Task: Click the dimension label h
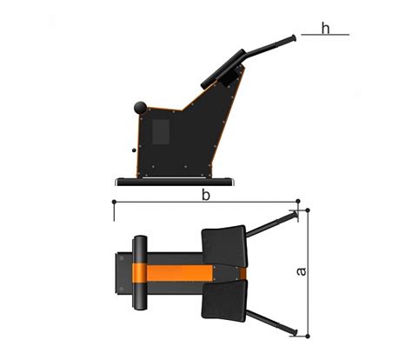point(326,29)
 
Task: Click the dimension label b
point(206,195)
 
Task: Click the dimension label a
point(302,271)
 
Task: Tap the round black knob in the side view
point(141,108)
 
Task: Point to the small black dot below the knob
point(134,150)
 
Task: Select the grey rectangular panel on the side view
point(161,132)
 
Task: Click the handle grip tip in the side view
point(293,38)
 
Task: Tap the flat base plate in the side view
point(175,182)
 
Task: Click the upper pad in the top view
point(224,246)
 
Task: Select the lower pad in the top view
point(225,301)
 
